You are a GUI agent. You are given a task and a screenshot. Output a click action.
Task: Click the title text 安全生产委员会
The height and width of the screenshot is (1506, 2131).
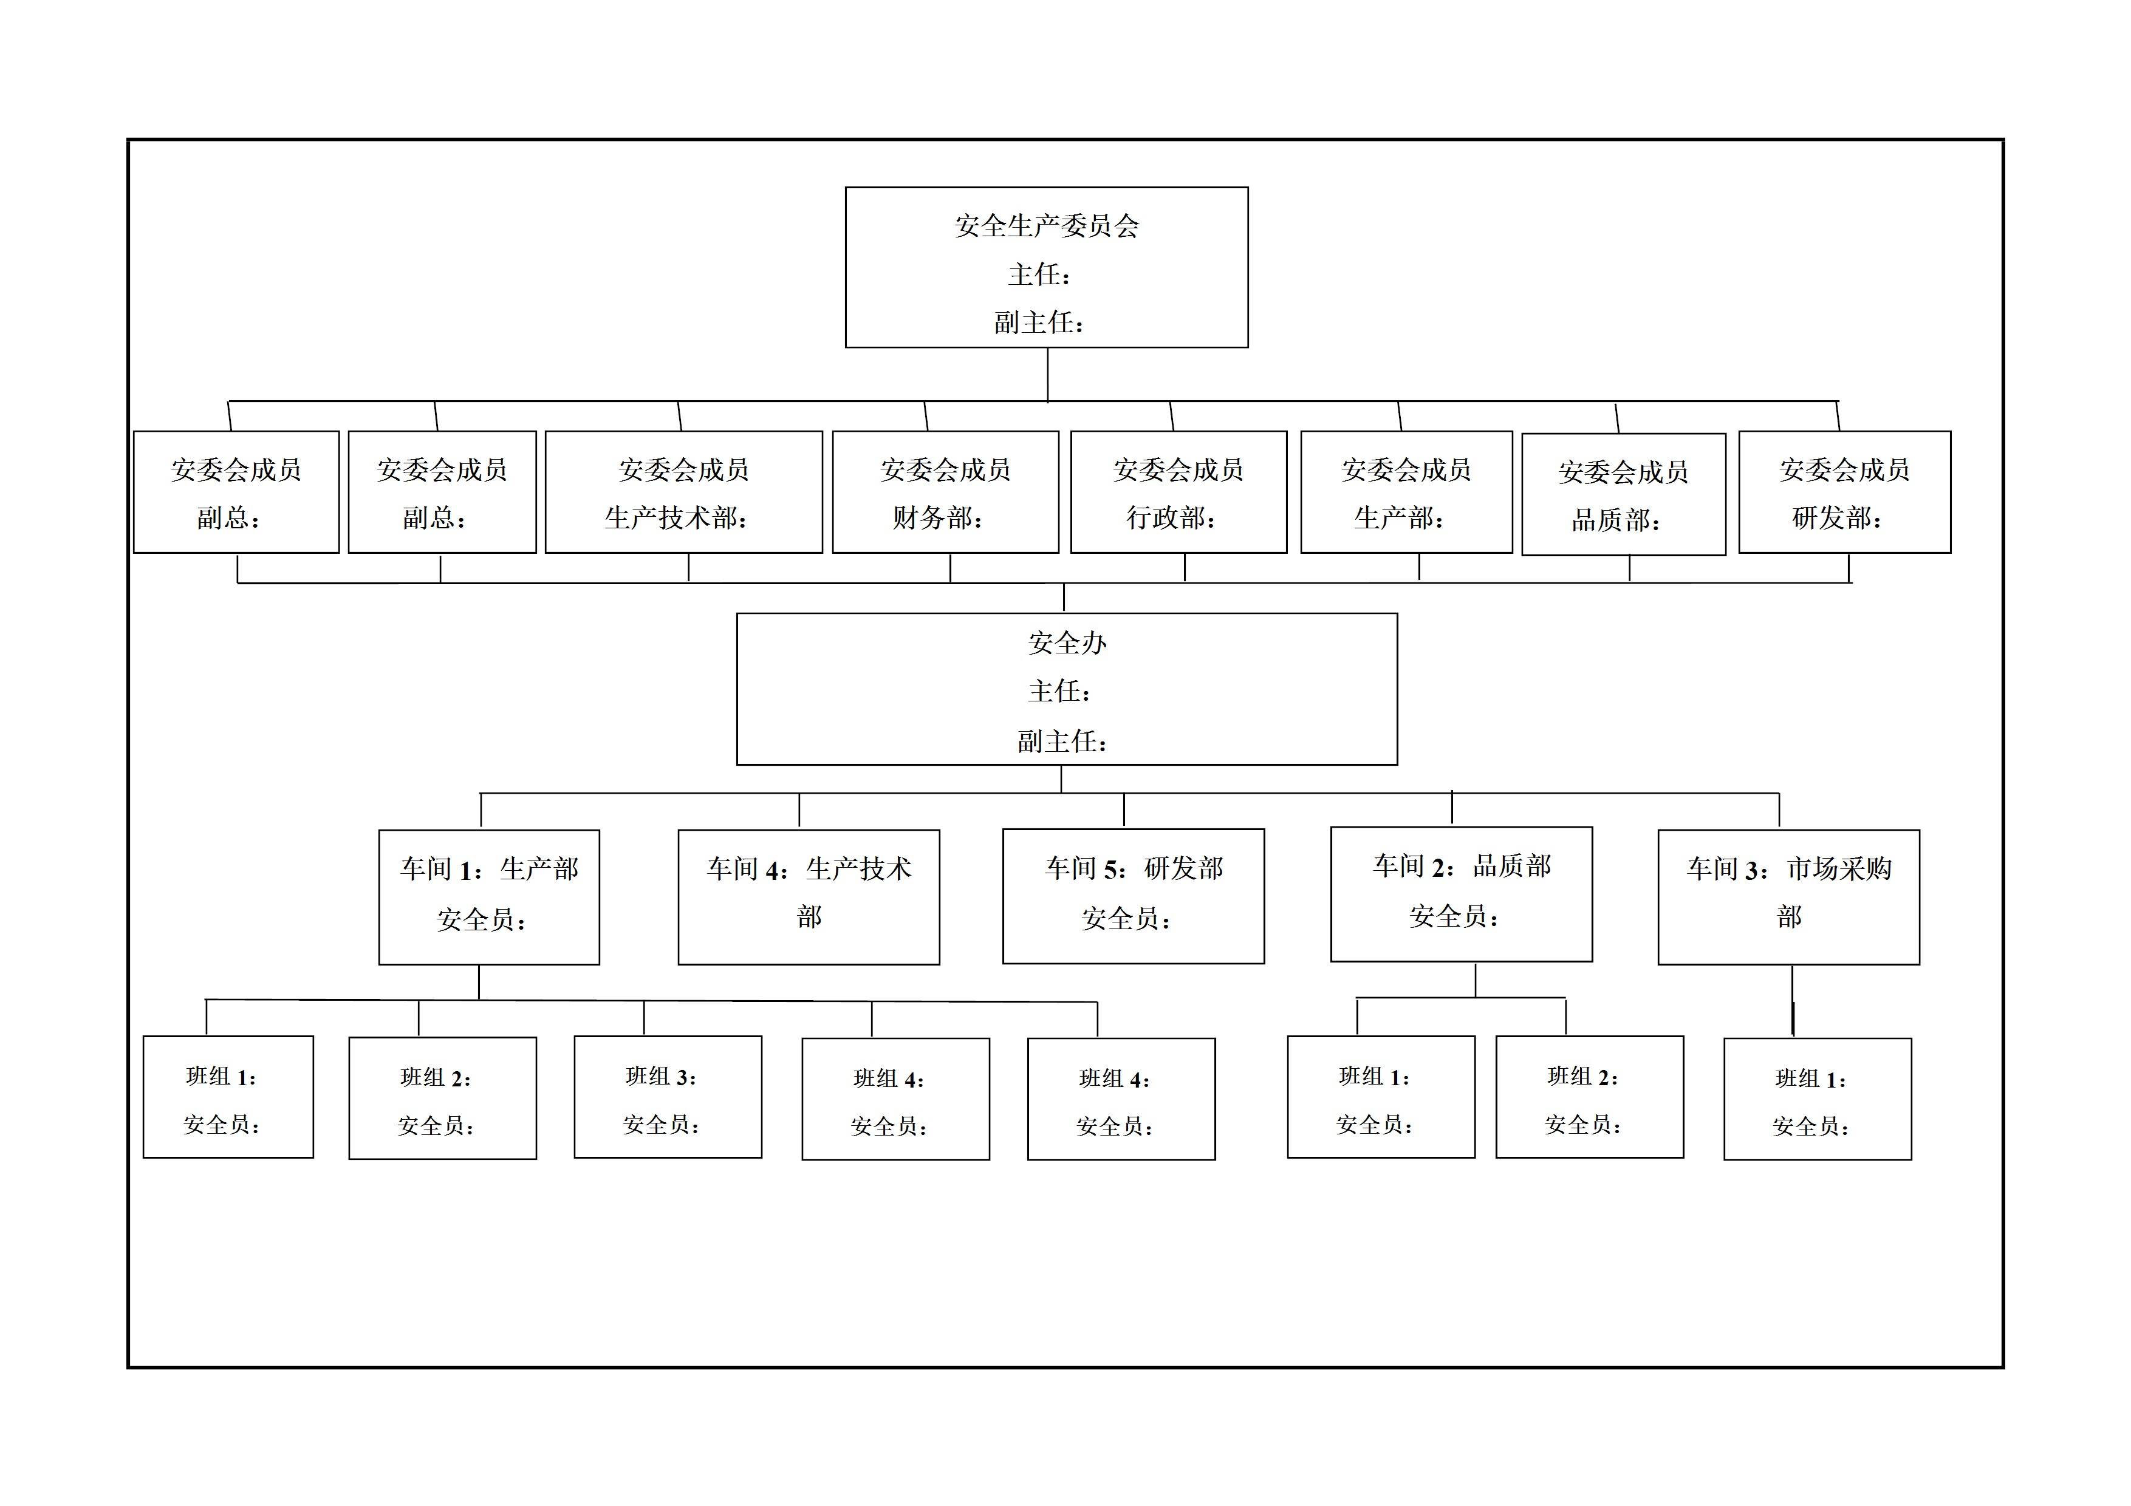coord(1046,225)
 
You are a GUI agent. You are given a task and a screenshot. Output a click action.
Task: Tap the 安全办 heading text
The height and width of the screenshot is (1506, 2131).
coord(1067,643)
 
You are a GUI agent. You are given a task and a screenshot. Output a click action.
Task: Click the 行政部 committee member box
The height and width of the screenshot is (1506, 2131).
coord(1178,492)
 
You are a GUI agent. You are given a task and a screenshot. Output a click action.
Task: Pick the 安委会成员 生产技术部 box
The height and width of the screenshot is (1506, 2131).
coord(683,492)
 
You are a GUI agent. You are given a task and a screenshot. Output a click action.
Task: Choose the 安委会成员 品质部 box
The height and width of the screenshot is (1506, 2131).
coord(1623,494)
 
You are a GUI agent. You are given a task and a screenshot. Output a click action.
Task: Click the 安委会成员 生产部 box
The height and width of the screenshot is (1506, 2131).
coord(1406,492)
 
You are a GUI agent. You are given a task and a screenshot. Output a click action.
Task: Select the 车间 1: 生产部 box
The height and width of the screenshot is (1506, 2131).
coord(489,896)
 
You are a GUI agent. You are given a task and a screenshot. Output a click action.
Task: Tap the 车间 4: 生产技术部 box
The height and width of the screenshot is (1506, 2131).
coord(809,896)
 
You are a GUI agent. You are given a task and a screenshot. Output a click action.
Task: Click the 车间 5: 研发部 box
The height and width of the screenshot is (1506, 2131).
coord(1134,896)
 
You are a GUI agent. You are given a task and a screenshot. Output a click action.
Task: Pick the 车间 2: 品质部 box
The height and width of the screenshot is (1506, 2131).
coord(1461,893)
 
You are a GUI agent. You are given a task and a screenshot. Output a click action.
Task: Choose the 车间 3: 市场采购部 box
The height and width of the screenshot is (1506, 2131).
coord(1788,896)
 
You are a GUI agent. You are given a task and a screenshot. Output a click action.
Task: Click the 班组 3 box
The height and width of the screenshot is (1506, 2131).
coord(668,1097)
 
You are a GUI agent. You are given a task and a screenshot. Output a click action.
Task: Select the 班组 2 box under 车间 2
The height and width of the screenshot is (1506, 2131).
coord(1589,1097)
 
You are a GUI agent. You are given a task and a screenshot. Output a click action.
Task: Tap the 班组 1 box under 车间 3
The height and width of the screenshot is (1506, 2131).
coord(1818,1099)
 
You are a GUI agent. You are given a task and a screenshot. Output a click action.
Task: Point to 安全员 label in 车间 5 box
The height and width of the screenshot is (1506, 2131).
coord(1126,919)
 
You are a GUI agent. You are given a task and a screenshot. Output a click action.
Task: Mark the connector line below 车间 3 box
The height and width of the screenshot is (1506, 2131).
coord(1792,1000)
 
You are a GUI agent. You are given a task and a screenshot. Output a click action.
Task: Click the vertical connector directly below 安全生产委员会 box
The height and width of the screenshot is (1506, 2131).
coord(1048,374)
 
